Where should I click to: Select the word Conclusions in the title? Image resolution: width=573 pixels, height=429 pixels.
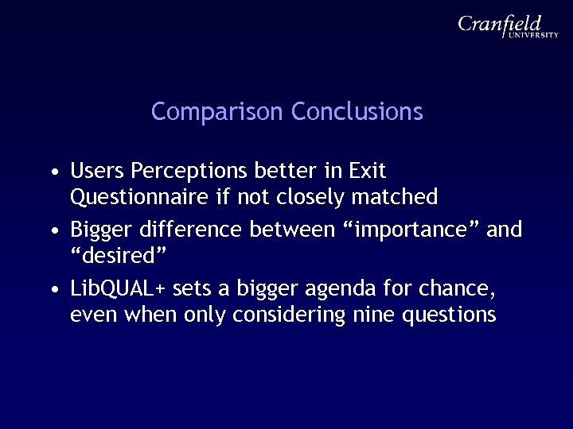click(357, 112)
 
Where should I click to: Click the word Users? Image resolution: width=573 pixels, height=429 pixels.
click(97, 171)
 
